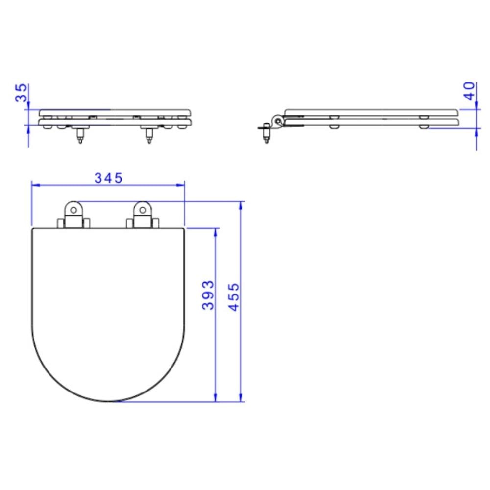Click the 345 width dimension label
coord(108,178)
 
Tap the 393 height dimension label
coord(208,295)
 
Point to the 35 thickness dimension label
coord(21,93)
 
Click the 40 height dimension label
coord(469,91)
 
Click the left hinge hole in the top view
coord(73,210)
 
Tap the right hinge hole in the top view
coord(143,210)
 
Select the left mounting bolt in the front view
coord(80,136)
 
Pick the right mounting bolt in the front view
coord(149,136)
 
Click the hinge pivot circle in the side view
coord(277,121)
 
